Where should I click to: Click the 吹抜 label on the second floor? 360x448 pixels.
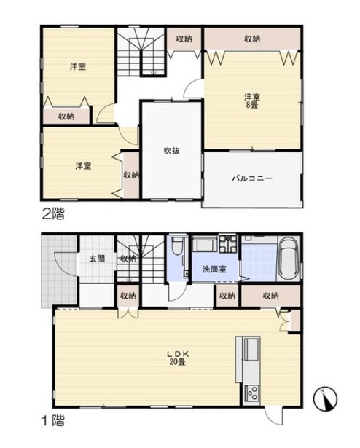[x=171, y=151]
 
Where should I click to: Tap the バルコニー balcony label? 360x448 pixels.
[x=252, y=178]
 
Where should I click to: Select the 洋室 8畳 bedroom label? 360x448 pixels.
[x=251, y=101]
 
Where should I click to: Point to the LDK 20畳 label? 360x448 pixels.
[x=178, y=358]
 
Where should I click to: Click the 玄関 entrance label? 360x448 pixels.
[x=97, y=259]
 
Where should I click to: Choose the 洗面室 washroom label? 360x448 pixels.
[x=214, y=269]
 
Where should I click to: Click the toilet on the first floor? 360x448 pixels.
[x=176, y=245]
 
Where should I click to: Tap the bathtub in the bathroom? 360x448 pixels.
[x=289, y=259]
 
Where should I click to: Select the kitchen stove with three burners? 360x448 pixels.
[x=252, y=394]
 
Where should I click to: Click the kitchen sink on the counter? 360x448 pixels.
[x=252, y=349]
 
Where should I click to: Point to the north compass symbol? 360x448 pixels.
[x=326, y=399]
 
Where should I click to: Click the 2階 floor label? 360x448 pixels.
[x=53, y=214]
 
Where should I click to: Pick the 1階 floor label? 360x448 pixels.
[x=53, y=421]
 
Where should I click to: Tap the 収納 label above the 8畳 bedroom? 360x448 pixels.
[x=252, y=39]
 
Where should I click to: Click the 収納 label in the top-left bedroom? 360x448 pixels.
[x=66, y=117]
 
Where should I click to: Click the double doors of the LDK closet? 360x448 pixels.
[x=128, y=313]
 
